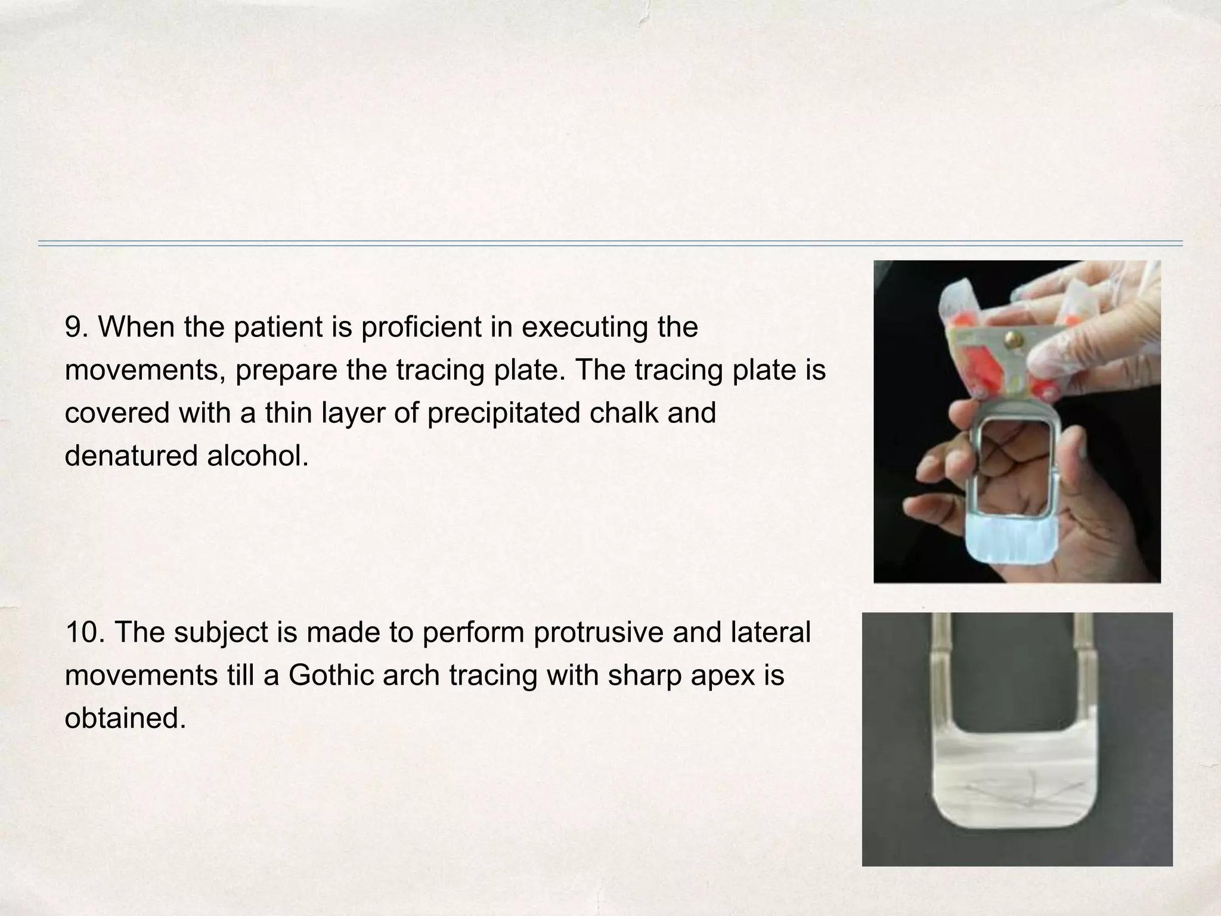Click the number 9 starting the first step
tap(75, 327)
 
